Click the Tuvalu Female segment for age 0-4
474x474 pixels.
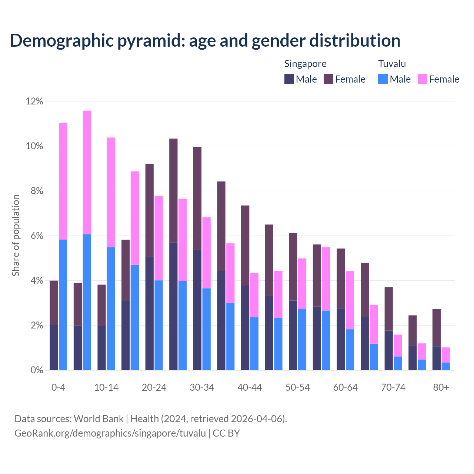click(x=63, y=181)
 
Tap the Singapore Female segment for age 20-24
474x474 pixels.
click(x=149, y=210)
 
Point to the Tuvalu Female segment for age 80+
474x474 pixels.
click(x=446, y=355)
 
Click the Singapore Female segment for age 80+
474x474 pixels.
click(x=437, y=328)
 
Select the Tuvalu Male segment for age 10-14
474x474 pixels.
click(x=111, y=308)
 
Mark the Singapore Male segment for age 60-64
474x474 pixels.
click(x=341, y=339)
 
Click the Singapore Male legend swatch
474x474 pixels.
click(x=289, y=79)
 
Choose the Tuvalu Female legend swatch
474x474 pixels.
click(x=423, y=79)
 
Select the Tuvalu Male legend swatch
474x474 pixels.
click(x=383, y=79)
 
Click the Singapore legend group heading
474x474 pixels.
click(x=305, y=64)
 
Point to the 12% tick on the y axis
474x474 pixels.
click(x=34, y=101)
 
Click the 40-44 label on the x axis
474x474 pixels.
click(x=250, y=387)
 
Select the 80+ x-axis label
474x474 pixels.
click(x=441, y=387)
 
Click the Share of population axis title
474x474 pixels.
click(x=16, y=236)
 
